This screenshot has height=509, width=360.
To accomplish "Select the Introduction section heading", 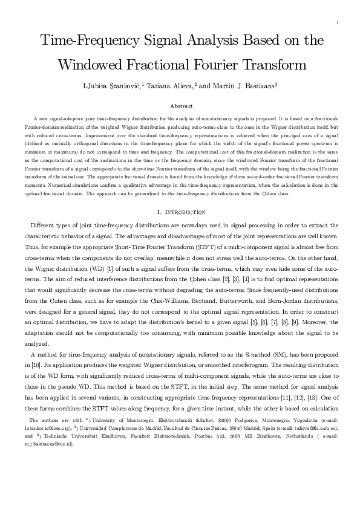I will (183, 212).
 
